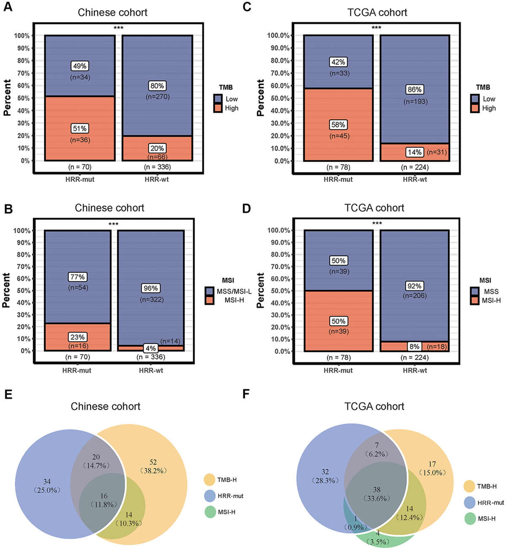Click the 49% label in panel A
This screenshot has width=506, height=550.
[80, 66]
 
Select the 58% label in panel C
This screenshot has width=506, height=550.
[338, 125]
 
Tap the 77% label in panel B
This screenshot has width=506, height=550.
[78, 277]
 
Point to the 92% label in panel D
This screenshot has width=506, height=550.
[414, 286]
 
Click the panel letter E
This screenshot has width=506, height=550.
[8, 394]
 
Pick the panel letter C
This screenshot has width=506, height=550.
[247, 7]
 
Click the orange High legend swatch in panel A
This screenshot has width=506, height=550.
[218, 108]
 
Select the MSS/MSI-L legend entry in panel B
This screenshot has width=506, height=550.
[234, 291]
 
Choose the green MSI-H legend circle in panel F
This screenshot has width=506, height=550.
[470, 519]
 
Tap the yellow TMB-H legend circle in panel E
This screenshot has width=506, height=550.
[210, 480]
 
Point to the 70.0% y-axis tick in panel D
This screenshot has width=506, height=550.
[279, 267]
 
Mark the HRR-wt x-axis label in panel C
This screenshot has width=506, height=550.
[414, 179]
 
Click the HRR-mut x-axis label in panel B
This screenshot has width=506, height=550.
[77, 370]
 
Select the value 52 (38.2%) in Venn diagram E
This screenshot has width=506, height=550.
[153, 467]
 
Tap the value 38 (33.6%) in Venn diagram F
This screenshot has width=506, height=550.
[377, 494]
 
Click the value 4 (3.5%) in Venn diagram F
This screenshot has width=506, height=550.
[378, 538]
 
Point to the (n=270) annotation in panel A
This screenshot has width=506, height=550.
[157, 97]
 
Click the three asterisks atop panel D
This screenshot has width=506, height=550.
[377, 223]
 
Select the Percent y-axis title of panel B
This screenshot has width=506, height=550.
[7, 290]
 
